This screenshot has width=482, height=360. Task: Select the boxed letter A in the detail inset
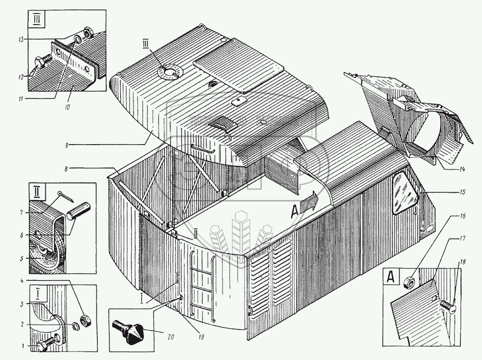[391, 279]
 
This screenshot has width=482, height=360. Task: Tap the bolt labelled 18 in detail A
[448, 307]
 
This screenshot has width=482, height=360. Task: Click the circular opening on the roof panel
[170, 72]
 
